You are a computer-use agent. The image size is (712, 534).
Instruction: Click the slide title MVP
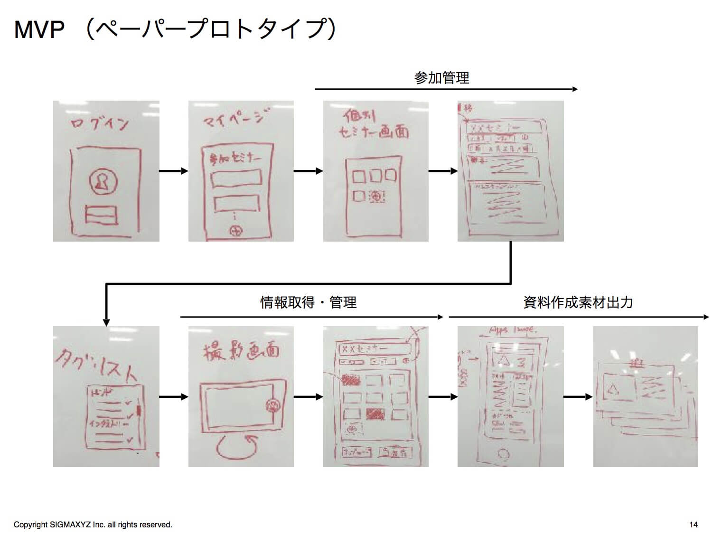[39, 29]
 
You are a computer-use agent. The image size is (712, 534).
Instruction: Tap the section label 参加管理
[441, 78]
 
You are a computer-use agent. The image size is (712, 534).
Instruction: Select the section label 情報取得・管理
[309, 302]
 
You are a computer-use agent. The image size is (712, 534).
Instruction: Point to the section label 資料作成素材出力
[578, 302]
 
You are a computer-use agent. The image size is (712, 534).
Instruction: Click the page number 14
[693, 525]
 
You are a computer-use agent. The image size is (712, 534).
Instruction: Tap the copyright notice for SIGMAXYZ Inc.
[93, 525]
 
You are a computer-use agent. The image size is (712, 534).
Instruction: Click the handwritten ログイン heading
[100, 124]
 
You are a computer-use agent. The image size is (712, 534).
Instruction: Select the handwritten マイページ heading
[235, 118]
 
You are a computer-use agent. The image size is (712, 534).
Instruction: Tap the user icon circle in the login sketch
[103, 181]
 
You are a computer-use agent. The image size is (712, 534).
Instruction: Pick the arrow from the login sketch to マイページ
[174, 171]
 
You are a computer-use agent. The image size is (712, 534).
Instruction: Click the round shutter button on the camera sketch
[273, 405]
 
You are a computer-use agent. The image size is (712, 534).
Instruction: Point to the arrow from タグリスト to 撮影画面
[174, 397]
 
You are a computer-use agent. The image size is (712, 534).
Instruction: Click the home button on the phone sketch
[503, 454]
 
